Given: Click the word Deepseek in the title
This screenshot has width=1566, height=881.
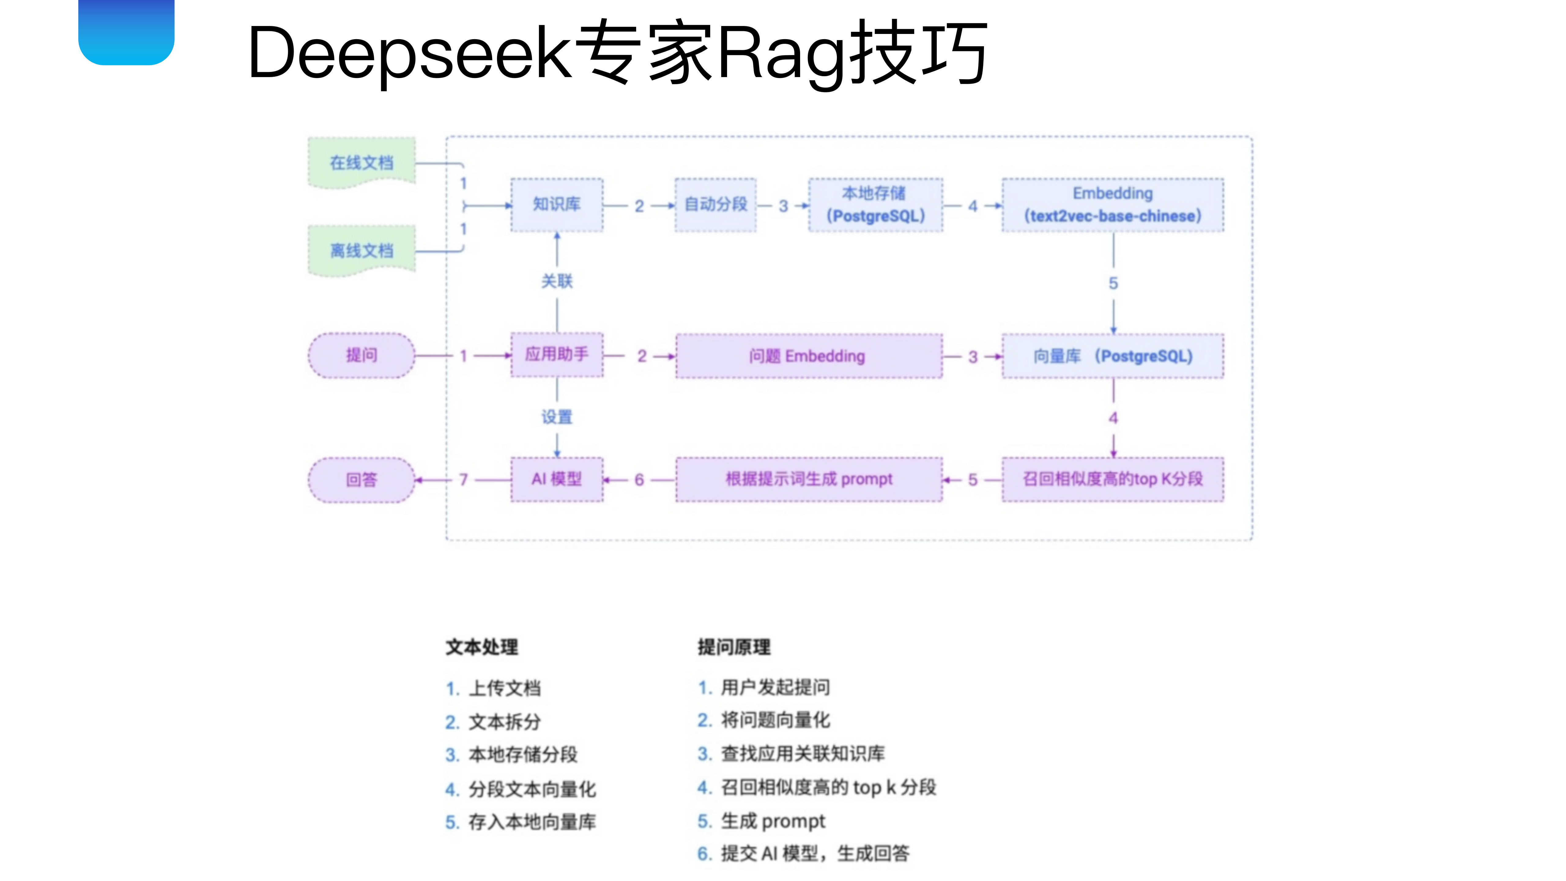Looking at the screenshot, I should pyautogui.click(x=409, y=54).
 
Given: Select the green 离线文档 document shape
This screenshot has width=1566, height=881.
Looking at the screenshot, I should pyautogui.click(x=362, y=250).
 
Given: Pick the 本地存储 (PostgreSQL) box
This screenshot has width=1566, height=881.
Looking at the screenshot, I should pyautogui.click(x=875, y=205).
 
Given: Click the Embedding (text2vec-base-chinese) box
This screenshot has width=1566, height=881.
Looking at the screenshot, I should pyautogui.click(x=1112, y=205).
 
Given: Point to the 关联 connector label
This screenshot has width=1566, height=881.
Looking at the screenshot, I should pyautogui.click(x=557, y=281).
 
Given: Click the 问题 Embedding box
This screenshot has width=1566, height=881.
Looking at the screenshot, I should pyautogui.click(x=808, y=356).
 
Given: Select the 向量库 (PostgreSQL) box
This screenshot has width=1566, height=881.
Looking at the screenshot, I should pyautogui.click(x=1112, y=356).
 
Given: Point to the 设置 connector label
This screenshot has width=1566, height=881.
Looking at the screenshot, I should pyautogui.click(x=557, y=417).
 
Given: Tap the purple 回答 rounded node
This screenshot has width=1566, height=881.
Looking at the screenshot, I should pyautogui.click(x=362, y=480).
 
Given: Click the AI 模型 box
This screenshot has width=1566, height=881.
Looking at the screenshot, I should pyautogui.click(x=557, y=480).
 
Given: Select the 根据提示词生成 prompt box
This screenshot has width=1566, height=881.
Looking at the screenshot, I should pyautogui.click(x=808, y=480).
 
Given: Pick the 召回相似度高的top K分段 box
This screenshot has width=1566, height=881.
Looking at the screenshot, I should pyautogui.click(x=1112, y=480).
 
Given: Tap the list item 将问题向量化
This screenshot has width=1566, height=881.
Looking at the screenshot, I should pyautogui.click(x=775, y=720).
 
